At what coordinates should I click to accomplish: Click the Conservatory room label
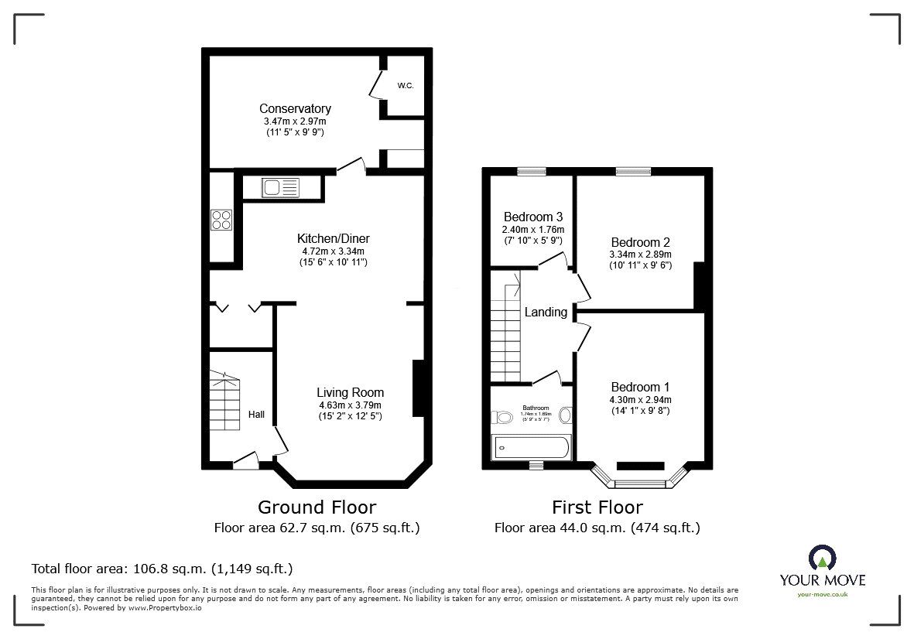coord(295,109)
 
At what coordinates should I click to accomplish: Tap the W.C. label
coord(406,86)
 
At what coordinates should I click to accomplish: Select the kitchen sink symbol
coord(279,187)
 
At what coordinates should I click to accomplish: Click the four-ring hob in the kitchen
coord(221,220)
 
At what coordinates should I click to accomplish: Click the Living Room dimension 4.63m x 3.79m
coord(350,405)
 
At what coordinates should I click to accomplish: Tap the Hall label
coord(256,415)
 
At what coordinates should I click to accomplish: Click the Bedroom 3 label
coord(533,217)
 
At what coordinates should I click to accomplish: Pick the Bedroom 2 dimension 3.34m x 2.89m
coord(640,255)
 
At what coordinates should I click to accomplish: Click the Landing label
coord(546,313)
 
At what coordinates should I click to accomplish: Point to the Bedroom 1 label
coord(640,387)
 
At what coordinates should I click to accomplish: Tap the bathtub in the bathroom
coord(532,447)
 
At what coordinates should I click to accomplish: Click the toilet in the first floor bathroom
coord(503,418)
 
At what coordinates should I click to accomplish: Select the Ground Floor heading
coord(317,507)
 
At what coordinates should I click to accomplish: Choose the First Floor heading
coord(597,507)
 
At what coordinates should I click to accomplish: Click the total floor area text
coord(162,569)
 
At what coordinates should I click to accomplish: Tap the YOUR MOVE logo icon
coord(822,558)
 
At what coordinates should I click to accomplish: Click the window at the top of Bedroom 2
coord(633,172)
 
